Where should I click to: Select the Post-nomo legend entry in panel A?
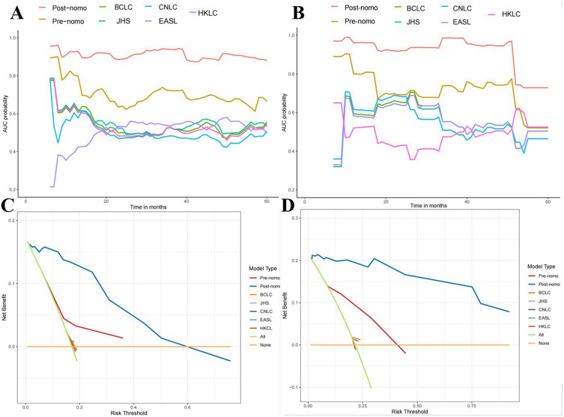tap(65, 7)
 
